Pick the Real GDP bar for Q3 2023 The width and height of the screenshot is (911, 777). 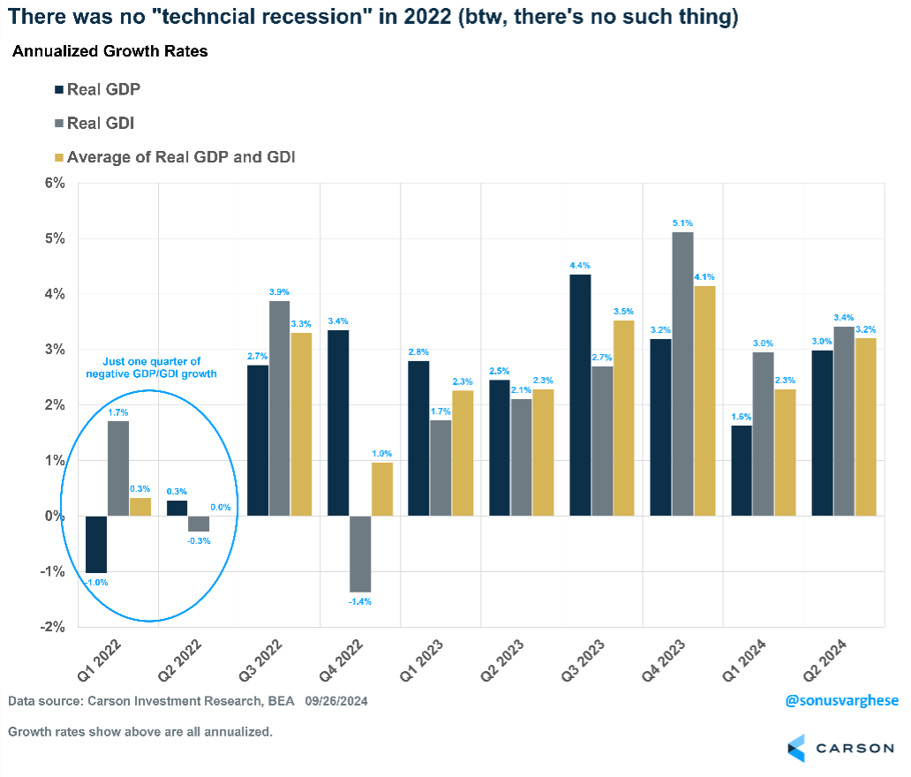[x=580, y=395]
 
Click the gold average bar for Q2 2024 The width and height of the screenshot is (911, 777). [x=866, y=426]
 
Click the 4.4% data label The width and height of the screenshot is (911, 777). [x=580, y=265]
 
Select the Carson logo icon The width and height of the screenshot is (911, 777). [x=797, y=747]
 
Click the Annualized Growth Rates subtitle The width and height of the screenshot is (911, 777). [x=110, y=51]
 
